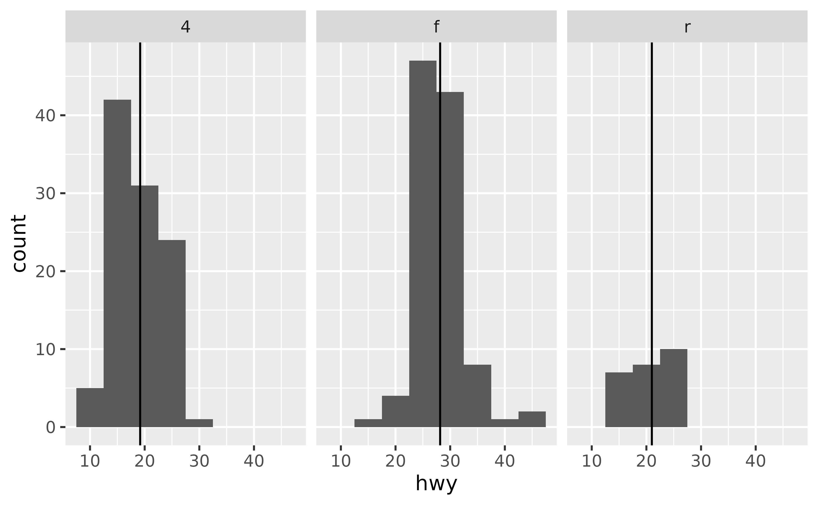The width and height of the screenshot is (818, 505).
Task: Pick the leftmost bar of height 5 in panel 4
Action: click(90, 407)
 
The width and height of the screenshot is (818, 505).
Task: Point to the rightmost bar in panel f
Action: click(532, 419)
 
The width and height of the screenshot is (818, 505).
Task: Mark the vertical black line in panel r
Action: click(652, 201)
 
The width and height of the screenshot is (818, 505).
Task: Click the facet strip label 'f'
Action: click(436, 27)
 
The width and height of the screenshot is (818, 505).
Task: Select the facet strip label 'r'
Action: click(687, 27)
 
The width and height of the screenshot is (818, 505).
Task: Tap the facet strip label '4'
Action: click(185, 27)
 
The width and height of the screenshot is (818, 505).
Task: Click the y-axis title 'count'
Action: click(19, 243)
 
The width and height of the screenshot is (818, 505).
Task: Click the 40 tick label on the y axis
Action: click(45, 116)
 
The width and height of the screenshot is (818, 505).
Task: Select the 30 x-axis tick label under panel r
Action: click(701, 461)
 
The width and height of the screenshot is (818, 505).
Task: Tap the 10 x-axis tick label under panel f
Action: click(341, 461)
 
